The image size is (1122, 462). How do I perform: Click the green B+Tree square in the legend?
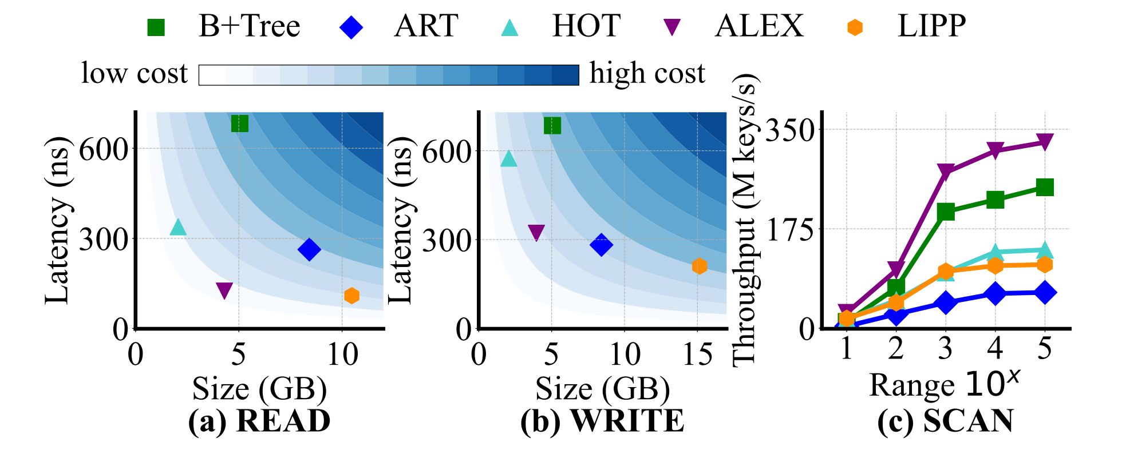tap(156, 27)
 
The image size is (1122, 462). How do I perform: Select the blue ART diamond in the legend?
tap(351, 27)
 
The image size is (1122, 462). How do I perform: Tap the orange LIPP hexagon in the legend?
tap(855, 27)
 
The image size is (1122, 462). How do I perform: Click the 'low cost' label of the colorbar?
tap(135, 74)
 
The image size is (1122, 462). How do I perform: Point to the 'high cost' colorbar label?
tap(647, 74)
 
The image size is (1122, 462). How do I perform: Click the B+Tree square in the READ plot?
tap(239, 123)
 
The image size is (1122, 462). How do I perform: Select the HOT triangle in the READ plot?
tap(178, 227)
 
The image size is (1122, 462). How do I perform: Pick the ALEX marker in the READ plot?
tap(224, 290)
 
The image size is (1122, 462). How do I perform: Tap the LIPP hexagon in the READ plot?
tap(351, 296)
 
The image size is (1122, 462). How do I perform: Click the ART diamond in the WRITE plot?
tap(601, 245)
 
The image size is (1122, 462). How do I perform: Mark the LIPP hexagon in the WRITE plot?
tap(699, 266)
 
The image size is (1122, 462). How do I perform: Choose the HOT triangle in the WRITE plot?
tap(508, 159)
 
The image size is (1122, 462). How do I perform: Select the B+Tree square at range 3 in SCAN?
tap(946, 212)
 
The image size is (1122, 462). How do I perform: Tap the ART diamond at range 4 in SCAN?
tap(995, 294)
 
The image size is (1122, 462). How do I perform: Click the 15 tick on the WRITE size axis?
tap(698, 355)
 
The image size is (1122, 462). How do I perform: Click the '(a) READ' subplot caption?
tap(259, 421)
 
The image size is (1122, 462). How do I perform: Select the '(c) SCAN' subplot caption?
tap(945, 421)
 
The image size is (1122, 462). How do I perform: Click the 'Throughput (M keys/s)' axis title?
tap(745, 220)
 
